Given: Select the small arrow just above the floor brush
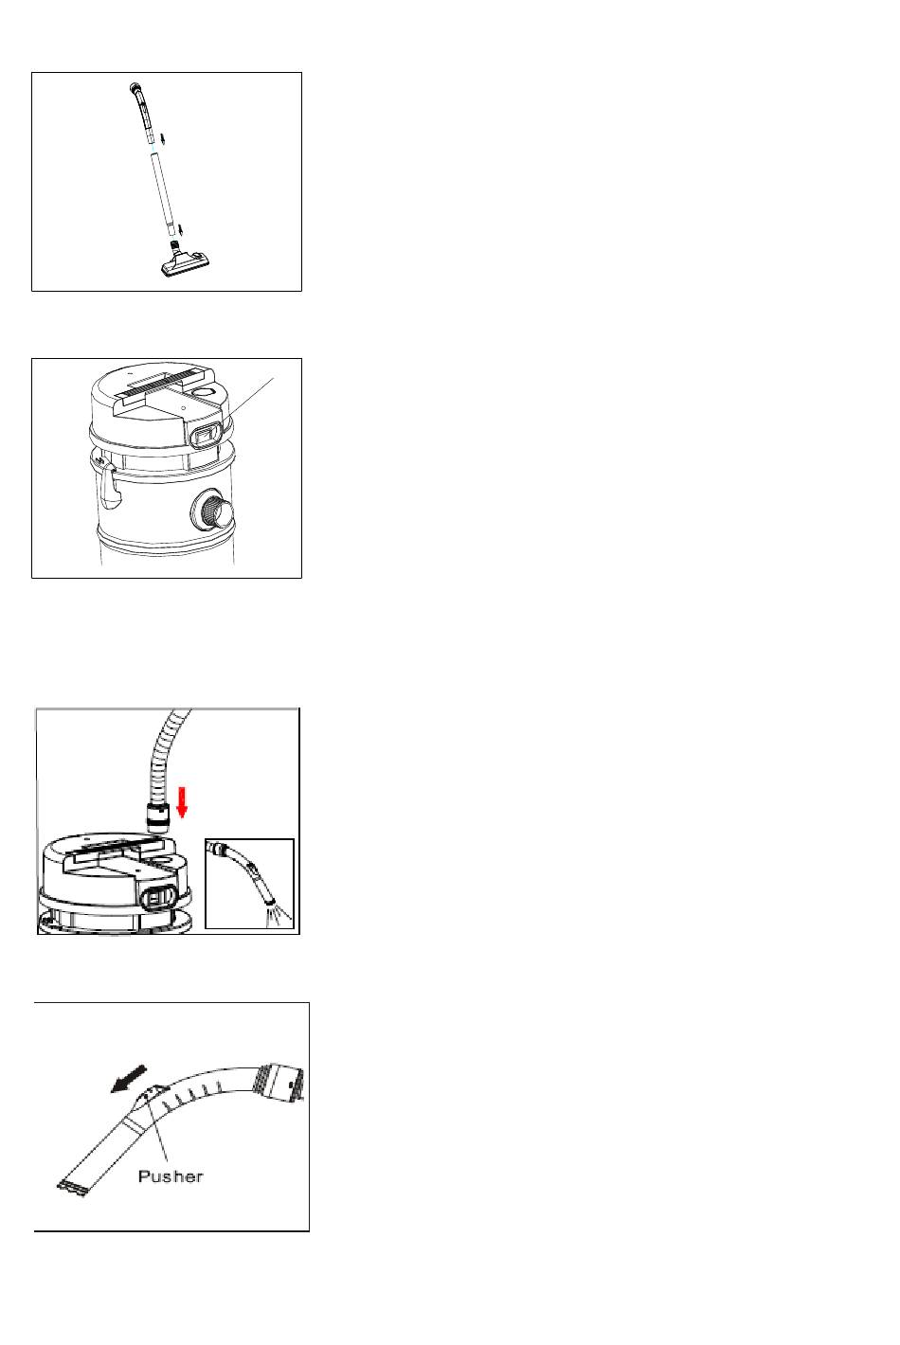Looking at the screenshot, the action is click(180, 229).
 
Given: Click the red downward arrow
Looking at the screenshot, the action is click(182, 803).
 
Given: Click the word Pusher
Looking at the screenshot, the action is click(171, 1176).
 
